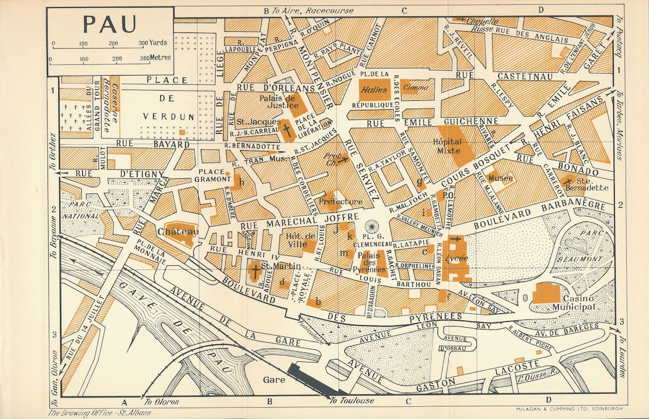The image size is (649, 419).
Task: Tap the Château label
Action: (x=178, y=232)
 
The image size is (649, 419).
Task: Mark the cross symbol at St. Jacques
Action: (x=287, y=130)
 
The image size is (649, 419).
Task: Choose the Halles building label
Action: (x=374, y=89)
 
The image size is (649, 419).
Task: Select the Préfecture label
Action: (x=341, y=202)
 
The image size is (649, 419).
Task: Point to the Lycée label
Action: (x=459, y=258)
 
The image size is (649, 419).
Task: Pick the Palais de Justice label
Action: (x=279, y=101)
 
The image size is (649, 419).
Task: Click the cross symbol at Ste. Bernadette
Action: (x=567, y=181)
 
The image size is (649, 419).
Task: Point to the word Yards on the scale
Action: (x=159, y=43)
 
